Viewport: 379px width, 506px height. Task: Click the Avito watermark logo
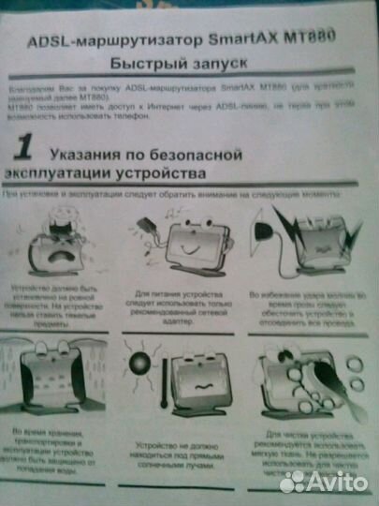coord(323,482)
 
